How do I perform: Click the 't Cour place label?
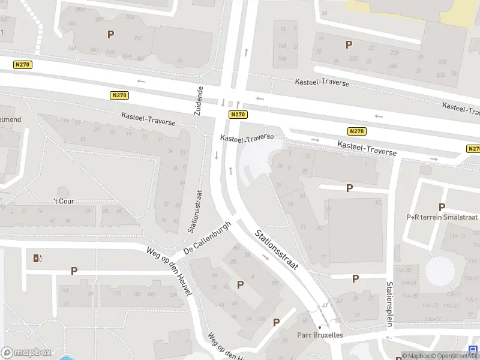coord(64,201)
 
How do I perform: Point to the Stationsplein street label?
coord(389,304)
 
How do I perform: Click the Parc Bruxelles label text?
coord(320,335)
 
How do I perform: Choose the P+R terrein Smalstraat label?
coord(442,218)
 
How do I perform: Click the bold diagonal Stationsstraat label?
coord(277,250)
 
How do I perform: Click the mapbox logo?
coord(26,352)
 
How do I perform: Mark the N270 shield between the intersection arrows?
coord(238,114)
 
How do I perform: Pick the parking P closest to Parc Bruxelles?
coord(277,322)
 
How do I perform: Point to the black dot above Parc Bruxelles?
coord(320,327)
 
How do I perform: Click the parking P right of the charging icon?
coord(74,271)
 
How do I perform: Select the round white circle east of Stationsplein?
coord(440,271)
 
